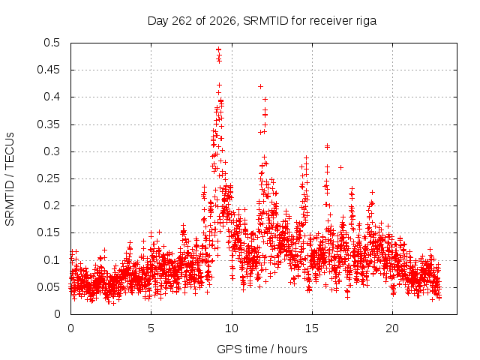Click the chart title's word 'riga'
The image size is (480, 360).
pos(366,21)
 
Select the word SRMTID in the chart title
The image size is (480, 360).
pos(265,21)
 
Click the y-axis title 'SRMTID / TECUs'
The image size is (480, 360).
pos(10,179)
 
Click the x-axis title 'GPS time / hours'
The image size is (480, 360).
pos(262,349)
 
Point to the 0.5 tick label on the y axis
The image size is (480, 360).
pos(52,43)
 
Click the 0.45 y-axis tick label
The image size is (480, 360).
pos(48,70)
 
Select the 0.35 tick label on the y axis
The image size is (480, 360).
pos(48,124)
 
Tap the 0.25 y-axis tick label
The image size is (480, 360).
pos(48,178)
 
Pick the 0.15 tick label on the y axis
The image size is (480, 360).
pos(48,232)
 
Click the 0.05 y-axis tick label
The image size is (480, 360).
pos(48,287)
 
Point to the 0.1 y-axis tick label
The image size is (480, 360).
pos(52,260)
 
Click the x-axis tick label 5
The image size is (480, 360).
pos(151,328)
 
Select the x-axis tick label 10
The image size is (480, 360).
pos(232,328)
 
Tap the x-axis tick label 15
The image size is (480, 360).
pos(312,328)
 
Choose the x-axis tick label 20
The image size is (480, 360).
pos(392,328)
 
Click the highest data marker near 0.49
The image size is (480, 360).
pos(218,49)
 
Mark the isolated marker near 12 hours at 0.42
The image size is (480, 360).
pos(260,87)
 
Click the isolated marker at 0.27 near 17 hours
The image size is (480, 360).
pos(340,167)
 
